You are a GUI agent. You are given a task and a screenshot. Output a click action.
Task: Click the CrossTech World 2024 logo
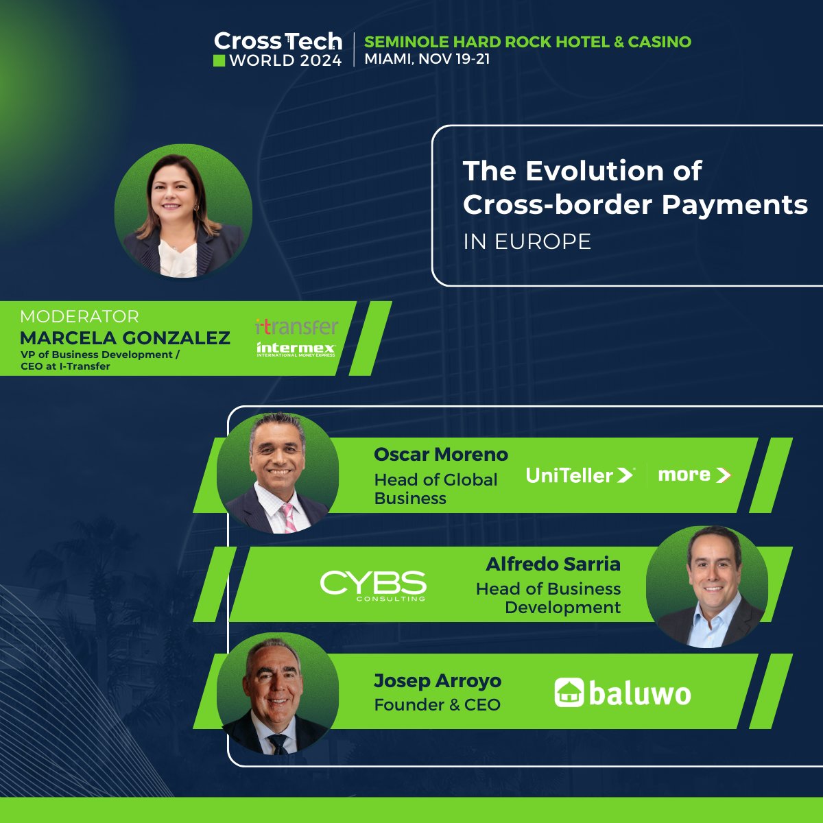(x=278, y=50)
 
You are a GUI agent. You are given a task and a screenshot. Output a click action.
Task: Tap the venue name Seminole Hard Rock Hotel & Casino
(x=527, y=42)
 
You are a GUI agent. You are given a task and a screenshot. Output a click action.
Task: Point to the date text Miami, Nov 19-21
(x=427, y=59)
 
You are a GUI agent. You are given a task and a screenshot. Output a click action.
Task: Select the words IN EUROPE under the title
(x=527, y=241)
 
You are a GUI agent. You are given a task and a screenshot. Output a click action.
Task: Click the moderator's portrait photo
(x=183, y=211)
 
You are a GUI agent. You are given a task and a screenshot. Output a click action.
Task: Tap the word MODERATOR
(x=80, y=316)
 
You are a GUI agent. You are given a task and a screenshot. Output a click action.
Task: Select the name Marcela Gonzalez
(x=125, y=337)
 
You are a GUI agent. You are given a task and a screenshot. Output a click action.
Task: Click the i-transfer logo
(x=296, y=326)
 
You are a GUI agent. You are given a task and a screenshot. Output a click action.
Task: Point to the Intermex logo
(x=296, y=349)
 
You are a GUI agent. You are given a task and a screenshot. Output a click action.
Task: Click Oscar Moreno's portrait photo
(x=278, y=473)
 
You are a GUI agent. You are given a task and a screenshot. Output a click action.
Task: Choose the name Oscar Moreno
(x=440, y=455)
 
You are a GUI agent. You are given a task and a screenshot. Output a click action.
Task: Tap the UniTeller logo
(x=580, y=475)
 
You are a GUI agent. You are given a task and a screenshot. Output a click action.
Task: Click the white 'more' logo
(x=693, y=475)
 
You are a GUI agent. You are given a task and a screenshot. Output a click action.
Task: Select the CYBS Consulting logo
(x=373, y=586)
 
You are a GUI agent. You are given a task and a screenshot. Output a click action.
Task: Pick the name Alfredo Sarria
(x=553, y=564)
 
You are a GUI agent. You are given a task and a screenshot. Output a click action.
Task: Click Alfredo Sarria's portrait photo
(x=706, y=587)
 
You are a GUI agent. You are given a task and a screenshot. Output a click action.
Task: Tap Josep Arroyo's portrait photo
(x=278, y=693)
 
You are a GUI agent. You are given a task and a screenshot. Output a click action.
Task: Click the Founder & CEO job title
(x=437, y=705)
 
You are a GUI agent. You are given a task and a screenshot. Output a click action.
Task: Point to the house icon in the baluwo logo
(x=569, y=693)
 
